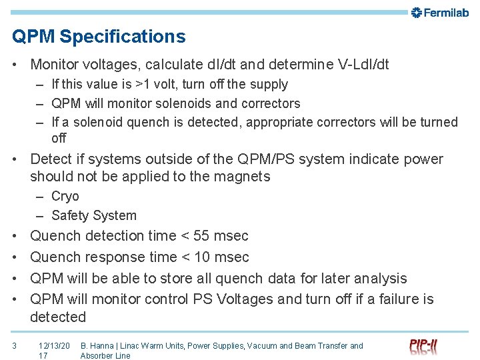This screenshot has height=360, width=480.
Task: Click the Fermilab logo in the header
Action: (x=440, y=12)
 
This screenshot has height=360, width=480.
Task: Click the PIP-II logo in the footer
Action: (x=424, y=347)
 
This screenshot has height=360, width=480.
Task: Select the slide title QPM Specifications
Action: (x=99, y=36)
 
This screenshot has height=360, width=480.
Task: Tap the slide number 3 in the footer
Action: (x=14, y=345)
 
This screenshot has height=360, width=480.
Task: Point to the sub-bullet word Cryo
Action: (x=65, y=196)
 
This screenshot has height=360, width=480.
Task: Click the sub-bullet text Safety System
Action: (x=93, y=215)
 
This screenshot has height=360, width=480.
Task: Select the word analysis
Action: (x=380, y=278)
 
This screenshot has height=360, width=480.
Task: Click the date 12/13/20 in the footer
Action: (x=54, y=345)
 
